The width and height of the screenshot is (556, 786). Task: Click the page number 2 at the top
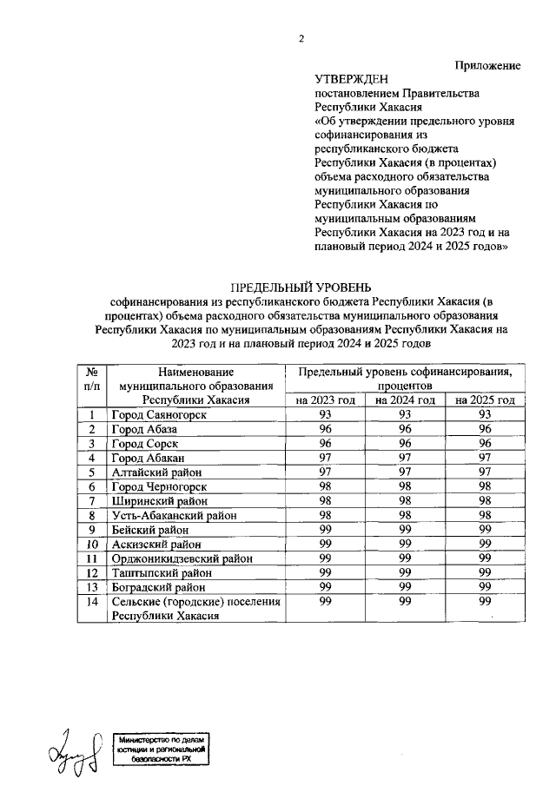coord(302,38)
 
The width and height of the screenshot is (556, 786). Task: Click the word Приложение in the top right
coord(488,65)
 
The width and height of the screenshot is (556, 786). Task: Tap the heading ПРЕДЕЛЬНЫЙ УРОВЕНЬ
coord(300,287)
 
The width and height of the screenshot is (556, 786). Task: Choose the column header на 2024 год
coord(405,400)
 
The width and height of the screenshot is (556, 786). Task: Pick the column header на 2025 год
coord(485,400)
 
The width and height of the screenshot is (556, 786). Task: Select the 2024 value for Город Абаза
coord(405,429)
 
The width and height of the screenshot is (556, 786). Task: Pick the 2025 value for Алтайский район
coord(485,472)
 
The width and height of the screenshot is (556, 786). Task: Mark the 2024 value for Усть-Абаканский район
coord(405,514)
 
